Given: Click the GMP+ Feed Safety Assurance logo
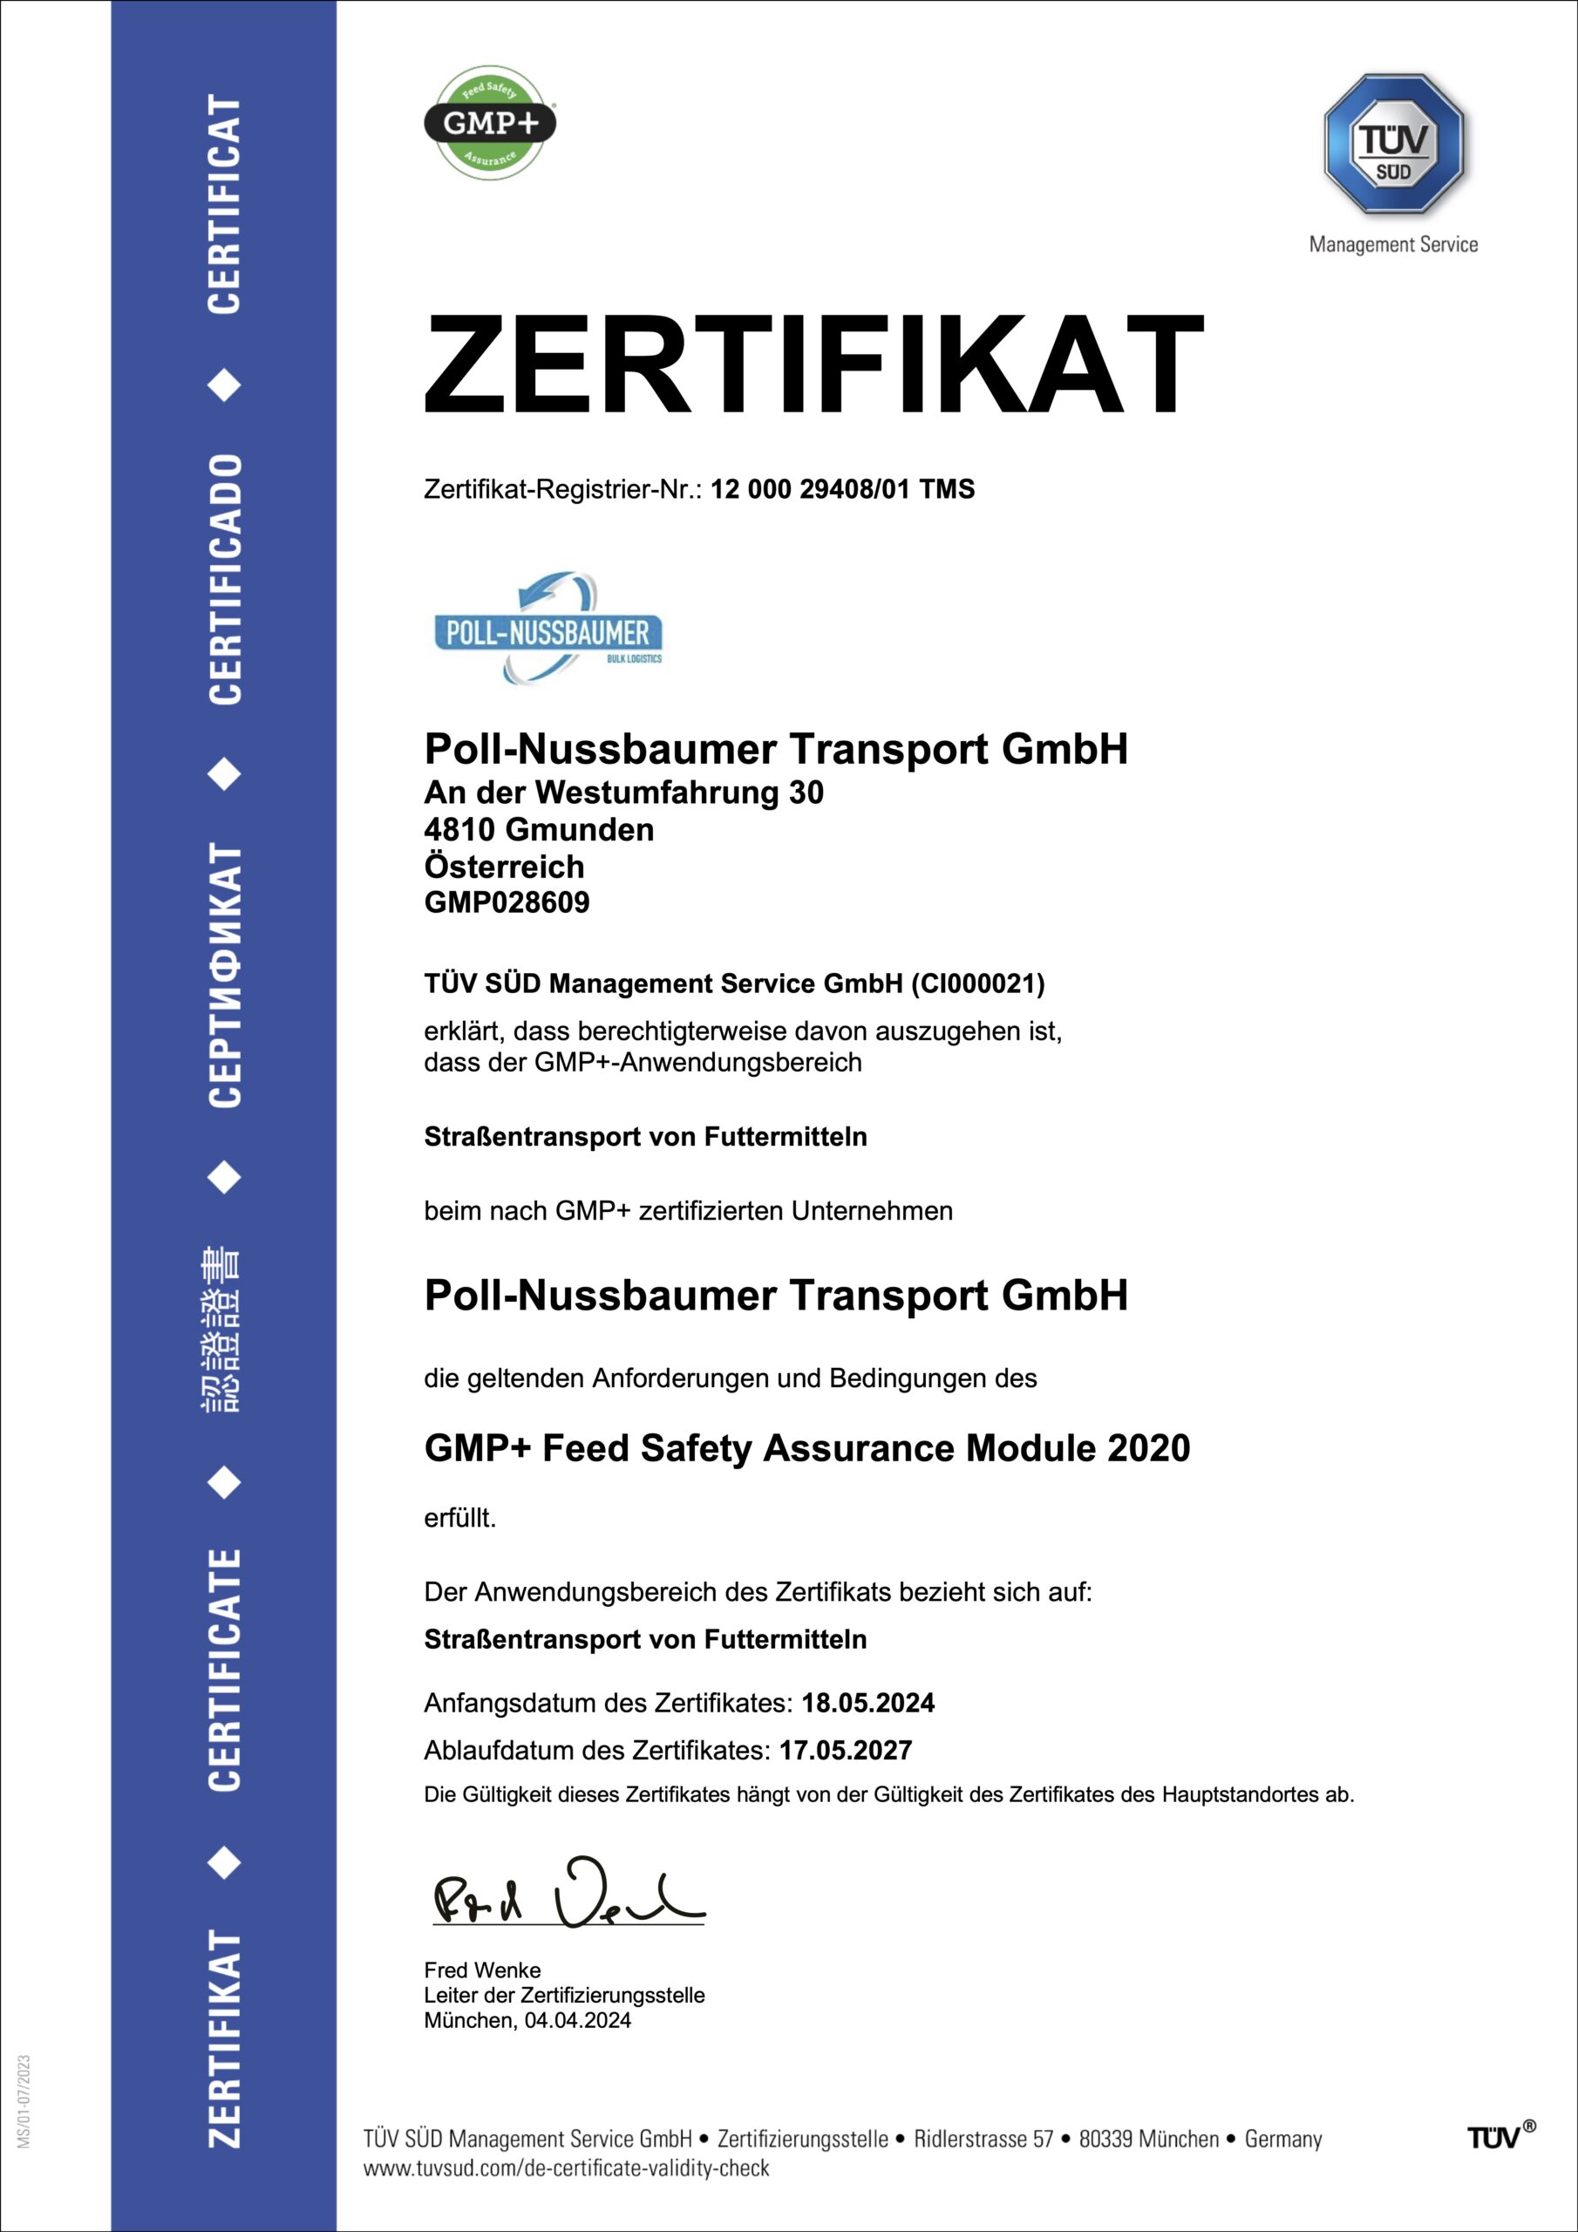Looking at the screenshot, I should click(489, 122).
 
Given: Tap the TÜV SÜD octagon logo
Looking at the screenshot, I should click(1392, 145).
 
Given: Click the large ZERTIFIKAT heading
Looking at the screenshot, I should click(813, 365).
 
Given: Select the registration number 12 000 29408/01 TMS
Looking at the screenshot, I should click(842, 489).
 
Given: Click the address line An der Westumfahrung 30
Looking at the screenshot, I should click(623, 793).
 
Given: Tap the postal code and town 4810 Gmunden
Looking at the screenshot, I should click(539, 829).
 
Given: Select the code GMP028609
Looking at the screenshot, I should click(507, 902).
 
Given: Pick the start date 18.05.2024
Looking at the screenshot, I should click(867, 1702).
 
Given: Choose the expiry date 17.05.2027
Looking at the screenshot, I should click(845, 1750).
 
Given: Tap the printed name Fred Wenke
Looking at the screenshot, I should click(482, 1970).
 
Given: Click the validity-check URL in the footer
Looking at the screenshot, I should click(566, 2167).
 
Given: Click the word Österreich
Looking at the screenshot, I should click(504, 866).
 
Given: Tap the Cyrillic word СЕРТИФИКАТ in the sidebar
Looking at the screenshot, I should click(225, 974).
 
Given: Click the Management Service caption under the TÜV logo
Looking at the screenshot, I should click(1392, 245).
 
